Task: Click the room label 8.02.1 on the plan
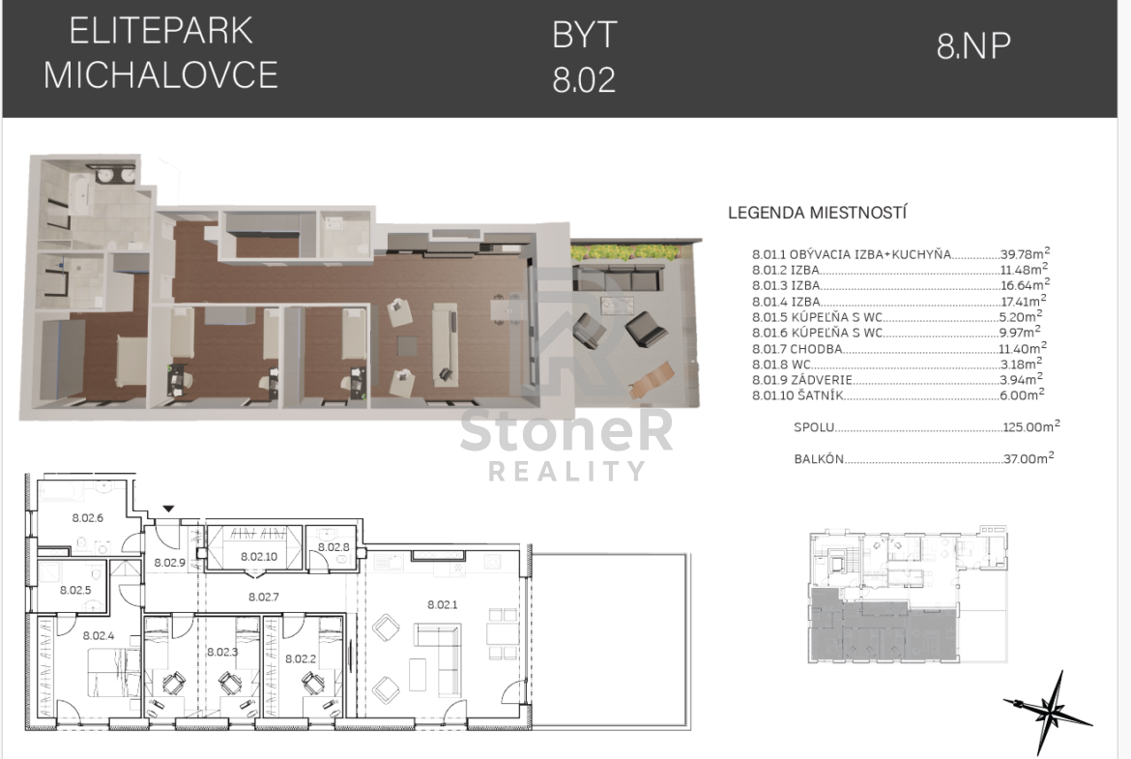tap(442, 604)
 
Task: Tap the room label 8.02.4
tap(98, 635)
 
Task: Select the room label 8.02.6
tap(87, 517)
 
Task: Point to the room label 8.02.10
tap(259, 556)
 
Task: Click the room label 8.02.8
tap(333, 547)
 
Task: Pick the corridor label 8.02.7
tap(263, 597)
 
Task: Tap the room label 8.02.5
tap(75, 590)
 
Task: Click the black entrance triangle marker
tap(168, 510)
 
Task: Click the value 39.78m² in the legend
tap(1025, 253)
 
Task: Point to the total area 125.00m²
tap(1030, 426)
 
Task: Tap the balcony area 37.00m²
tap(1029, 457)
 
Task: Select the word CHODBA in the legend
tap(816, 348)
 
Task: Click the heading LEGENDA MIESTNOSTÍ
tap(817, 213)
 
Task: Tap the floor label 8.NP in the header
tap(973, 46)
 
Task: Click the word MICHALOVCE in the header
tap(160, 75)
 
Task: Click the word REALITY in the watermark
tap(566, 471)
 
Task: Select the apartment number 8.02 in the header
tap(584, 79)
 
